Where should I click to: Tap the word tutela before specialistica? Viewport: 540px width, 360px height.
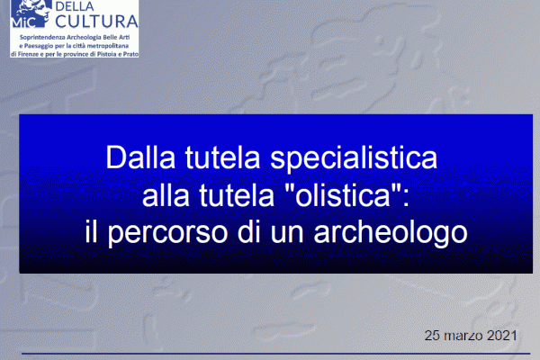pyautogui.click(x=222, y=157)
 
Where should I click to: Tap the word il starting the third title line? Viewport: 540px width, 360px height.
pyautogui.click(x=91, y=231)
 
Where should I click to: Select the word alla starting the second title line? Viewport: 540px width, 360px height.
pyautogui.click(x=166, y=194)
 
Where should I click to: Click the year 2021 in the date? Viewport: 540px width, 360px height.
pyautogui.click(x=502, y=335)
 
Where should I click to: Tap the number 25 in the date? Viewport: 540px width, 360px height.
pyautogui.click(x=432, y=335)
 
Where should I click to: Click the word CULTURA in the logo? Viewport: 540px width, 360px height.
pyautogui.click(x=97, y=21)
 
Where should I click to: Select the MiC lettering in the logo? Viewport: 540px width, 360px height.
pyautogui.click(x=23, y=22)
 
